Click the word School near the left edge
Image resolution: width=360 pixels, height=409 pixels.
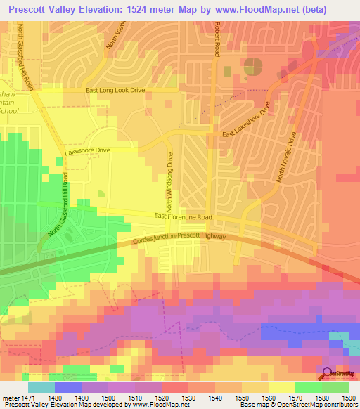[11, 120]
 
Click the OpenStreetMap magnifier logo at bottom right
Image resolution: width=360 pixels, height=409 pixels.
[328, 374]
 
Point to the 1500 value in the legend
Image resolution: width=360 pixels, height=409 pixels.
[94, 397]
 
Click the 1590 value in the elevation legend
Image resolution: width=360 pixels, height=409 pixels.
[348, 397]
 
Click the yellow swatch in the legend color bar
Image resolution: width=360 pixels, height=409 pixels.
[281, 387]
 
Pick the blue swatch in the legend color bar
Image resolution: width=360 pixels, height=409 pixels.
[68, 387]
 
